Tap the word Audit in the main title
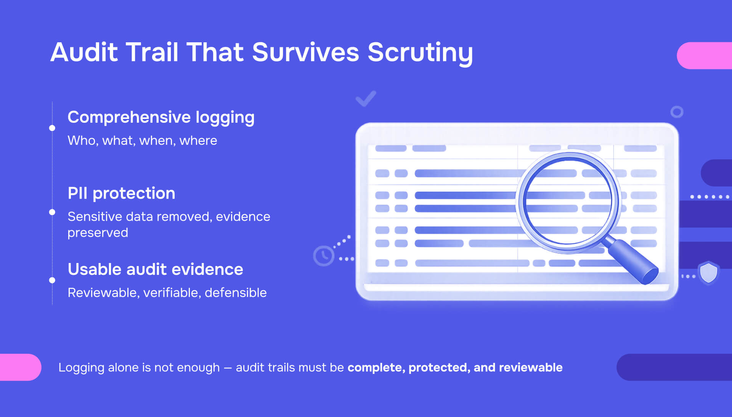coord(84,52)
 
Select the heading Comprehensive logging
coord(161,117)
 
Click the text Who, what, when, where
coord(142,141)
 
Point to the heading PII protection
coord(121,193)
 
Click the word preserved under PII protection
coord(98,233)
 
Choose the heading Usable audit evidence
coord(155,269)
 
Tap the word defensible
coord(236,293)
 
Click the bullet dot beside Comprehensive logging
coord(52,128)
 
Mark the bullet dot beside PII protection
coord(52,212)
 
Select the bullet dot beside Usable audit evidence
coord(52,280)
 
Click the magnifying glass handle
coord(633,262)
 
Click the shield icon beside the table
coord(708,272)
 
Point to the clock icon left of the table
coord(324,256)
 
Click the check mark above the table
coord(366,99)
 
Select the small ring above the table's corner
coord(677,112)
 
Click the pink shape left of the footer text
coord(19,367)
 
